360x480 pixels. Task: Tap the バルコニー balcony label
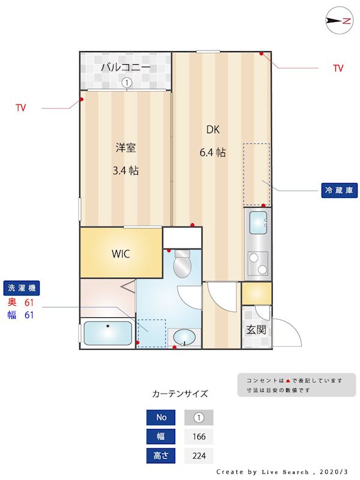coord(125,67)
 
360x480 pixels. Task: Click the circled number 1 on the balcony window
coord(127,83)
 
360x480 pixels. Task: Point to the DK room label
coord(213,129)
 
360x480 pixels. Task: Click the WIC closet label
coord(120,253)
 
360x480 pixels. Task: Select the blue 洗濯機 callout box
coord(21,288)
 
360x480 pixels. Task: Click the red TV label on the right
coord(338,68)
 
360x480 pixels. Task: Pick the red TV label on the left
coord(21,108)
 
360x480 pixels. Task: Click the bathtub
coord(108,334)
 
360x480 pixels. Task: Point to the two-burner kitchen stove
coord(257,263)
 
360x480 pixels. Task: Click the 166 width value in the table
coord(199,437)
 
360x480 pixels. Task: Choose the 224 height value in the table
coord(199,456)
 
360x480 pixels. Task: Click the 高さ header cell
coord(161,456)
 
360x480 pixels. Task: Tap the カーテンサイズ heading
coord(180,394)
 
